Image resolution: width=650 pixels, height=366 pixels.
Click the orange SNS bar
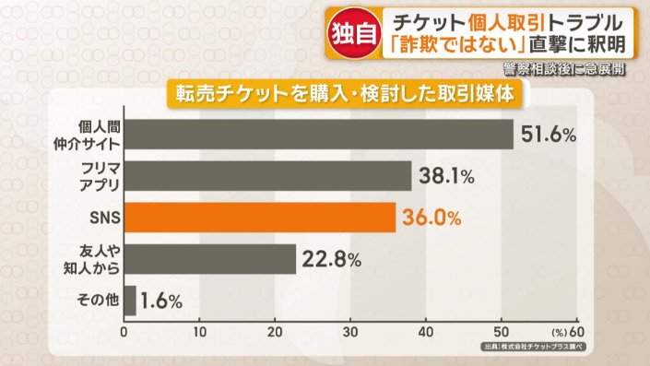(259, 218)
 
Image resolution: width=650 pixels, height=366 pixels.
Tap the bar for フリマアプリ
(267, 175)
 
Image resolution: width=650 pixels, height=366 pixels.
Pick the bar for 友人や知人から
(209, 259)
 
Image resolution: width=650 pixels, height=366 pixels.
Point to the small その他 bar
(130, 301)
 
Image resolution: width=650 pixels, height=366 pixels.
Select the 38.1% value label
(446, 175)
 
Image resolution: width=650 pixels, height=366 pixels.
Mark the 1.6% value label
(162, 301)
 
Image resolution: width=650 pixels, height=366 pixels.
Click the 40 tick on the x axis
(427, 331)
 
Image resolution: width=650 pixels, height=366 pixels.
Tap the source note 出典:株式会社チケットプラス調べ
(534, 346)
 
